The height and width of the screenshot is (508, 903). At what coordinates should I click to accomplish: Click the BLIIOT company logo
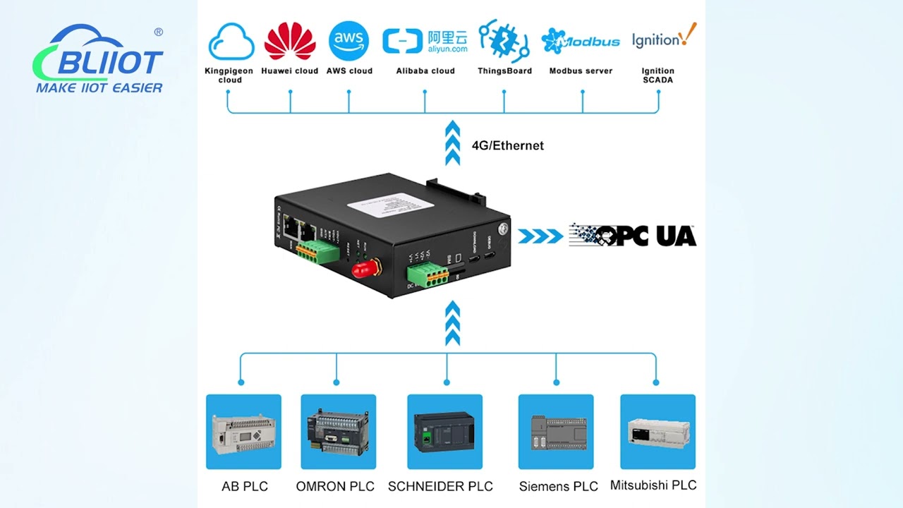pos(99,60)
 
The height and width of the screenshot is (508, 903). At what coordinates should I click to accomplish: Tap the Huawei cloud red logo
pos(290,41)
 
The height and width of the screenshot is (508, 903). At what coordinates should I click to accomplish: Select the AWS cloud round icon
pos(349,41)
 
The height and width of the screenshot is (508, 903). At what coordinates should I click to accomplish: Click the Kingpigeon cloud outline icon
pos(231,42)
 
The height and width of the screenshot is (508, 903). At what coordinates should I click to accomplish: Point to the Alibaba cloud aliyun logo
pos(425,42)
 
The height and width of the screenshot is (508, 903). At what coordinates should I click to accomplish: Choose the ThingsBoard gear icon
pos(504,41)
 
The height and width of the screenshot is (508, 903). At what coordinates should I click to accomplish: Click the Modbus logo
pos(581,41)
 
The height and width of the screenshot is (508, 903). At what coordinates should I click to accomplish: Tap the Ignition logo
pos(663,38)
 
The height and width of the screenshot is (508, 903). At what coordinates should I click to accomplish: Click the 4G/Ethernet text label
pos(507,146)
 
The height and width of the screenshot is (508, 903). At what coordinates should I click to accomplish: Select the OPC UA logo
pos(633,236)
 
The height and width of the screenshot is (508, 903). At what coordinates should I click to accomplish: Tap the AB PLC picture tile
pos(243,432)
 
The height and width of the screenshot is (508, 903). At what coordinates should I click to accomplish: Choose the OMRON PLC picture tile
pos(339,432)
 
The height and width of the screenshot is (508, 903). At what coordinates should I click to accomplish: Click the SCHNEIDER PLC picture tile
pos(445,432)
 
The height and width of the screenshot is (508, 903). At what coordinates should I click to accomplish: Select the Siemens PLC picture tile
pos(556,432)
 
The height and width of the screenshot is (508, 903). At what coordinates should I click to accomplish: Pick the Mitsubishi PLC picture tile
pos(657,432)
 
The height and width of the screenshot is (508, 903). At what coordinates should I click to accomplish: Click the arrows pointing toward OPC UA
pos(540,236)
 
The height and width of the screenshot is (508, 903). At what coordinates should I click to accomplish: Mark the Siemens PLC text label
pos(558,486)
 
